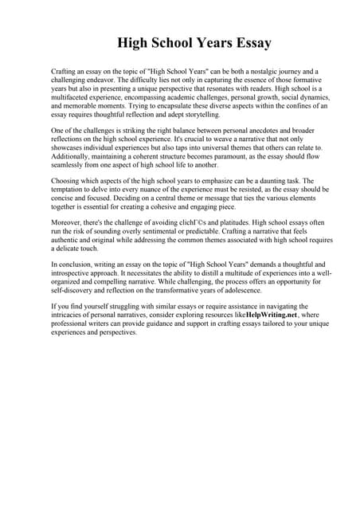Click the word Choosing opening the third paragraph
point(66,181)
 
